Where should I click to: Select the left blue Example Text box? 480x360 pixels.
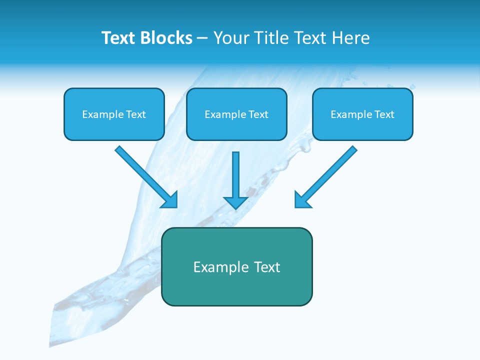[114, 114]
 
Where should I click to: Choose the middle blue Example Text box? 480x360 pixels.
[236, 114]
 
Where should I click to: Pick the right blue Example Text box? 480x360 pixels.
[362, 114]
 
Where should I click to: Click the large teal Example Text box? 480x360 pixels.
[236, 266]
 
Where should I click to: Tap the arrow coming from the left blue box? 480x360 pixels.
[145, 176]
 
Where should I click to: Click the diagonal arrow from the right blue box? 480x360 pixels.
[327, 175]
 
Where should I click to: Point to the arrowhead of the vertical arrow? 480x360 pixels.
[235, 202]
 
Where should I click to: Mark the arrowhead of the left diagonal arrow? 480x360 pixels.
[170, 200]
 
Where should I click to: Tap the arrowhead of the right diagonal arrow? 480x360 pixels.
[302, 200]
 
